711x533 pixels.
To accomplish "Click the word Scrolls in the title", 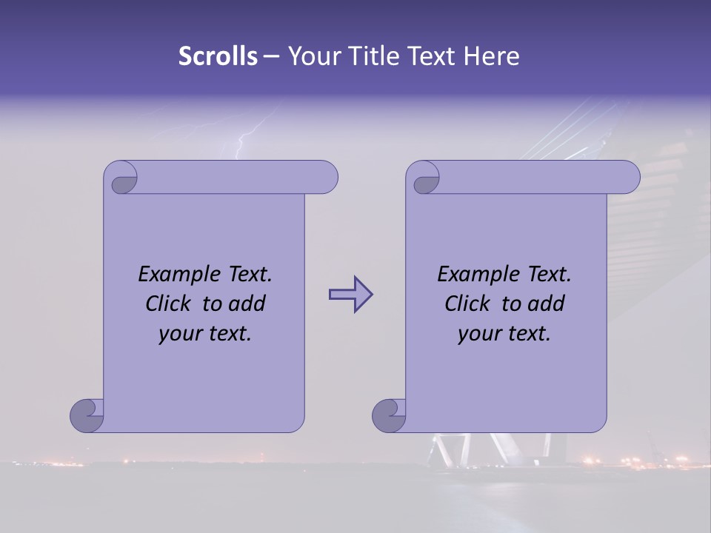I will tap(218, 56).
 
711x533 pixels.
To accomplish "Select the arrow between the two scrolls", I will tap(350, 295).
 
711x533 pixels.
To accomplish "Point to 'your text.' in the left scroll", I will tap(205, 334).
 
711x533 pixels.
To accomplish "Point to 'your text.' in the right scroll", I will tap(504, 334).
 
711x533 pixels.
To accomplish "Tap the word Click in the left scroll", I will tap(169, 304).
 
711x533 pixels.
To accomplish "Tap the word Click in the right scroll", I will tap(467, 304).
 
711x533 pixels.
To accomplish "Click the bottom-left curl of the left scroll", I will tap(87, 415).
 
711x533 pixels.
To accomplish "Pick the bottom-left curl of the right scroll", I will tap(389, 415).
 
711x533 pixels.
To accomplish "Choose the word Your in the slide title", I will tap(312, 56).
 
